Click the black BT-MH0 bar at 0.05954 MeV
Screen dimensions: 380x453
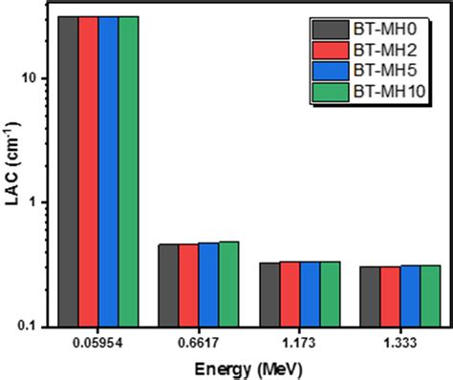click(68, 172)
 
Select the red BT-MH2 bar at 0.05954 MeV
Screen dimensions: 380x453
click(88, 172)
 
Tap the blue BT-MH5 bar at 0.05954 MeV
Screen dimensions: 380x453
click(109, 172)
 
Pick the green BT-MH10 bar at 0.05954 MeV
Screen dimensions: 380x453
click(129, 172)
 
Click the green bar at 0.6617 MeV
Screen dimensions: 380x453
click(229, 284)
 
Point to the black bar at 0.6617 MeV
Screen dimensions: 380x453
click(168, 285)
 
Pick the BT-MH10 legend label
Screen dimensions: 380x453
click(387, 92)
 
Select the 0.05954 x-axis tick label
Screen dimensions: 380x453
click(98, 340)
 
